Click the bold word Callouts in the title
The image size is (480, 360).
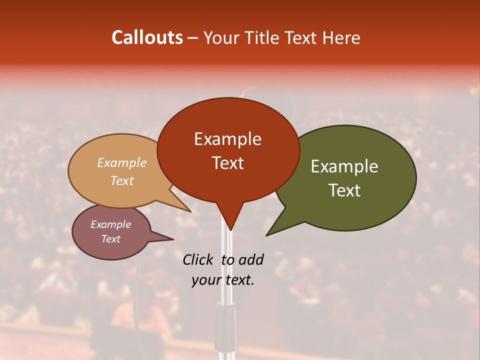point(147,37)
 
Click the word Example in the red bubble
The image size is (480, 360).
point(227,139)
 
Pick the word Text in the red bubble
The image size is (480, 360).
point(227,163)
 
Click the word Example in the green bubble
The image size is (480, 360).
point(344,166)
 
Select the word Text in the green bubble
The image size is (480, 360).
point(344,190)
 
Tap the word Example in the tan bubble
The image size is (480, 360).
point(121,163)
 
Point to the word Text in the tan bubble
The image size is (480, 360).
point(121,180)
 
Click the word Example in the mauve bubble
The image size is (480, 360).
point(110,224)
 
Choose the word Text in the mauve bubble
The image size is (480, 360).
point(110,239)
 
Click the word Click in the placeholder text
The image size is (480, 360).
point(198,259)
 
